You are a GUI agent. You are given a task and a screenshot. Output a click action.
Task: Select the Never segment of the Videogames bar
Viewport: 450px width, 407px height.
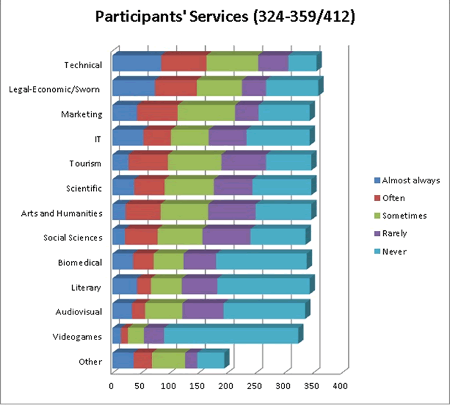tap(231, 336)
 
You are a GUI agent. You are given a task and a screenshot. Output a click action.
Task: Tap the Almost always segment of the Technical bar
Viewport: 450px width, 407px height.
tap(136, 64)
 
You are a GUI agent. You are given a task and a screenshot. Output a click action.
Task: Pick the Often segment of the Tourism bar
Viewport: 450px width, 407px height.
tap(148, 163)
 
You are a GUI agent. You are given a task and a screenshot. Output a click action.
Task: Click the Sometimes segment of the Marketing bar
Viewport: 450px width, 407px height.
tap(206, 113)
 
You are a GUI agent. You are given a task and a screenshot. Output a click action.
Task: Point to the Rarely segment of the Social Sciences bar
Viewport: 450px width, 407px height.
tap(226, 237)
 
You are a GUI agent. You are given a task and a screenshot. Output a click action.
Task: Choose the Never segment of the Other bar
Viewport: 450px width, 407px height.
tap(210, 361)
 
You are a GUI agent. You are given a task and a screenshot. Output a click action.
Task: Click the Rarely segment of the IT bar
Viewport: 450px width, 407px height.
tap(228, 138)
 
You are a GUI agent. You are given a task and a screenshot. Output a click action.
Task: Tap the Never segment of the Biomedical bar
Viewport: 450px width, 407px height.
tap(262, 262)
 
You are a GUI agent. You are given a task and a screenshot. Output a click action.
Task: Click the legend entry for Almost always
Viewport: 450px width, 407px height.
tap(406, 180)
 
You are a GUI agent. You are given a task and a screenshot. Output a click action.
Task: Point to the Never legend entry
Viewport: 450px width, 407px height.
tap(393, 251)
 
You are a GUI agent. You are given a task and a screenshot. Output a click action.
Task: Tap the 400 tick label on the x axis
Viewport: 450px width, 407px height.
tap(340, 386)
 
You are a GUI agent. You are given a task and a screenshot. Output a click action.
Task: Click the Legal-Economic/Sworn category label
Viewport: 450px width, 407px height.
tap(55, 89)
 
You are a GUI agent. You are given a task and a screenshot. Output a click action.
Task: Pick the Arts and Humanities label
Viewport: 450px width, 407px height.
tap(62, 213)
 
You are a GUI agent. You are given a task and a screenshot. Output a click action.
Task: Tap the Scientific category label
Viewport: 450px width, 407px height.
tap(84, 188)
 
